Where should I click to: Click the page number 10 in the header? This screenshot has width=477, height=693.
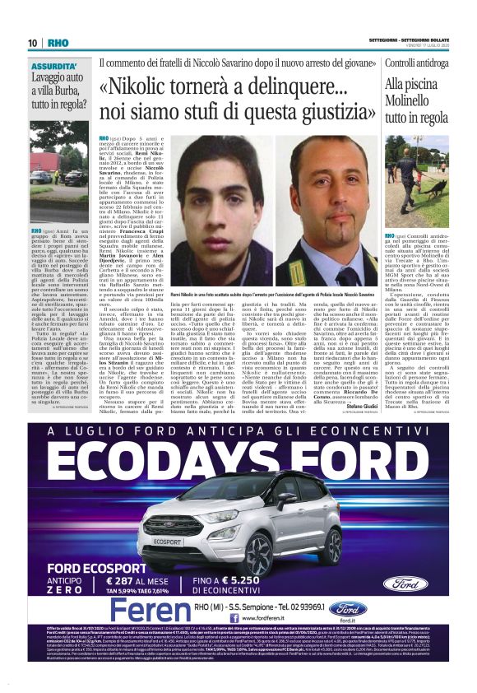coord(32,43)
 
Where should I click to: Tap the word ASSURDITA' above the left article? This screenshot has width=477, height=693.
coord(55,65)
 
